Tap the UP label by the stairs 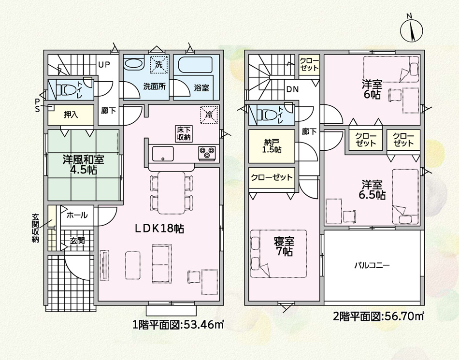104,65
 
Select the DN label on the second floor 292,89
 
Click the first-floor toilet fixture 65,90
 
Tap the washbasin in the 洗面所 133,63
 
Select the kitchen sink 163,154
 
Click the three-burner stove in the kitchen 207,153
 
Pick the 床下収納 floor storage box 184,134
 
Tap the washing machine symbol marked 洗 159,64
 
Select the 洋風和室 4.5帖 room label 84,164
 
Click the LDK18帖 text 159,228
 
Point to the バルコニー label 372,266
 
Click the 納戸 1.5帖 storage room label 272,146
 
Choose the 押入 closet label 71,115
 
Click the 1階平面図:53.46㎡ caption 178,325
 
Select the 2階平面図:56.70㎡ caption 379,317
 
